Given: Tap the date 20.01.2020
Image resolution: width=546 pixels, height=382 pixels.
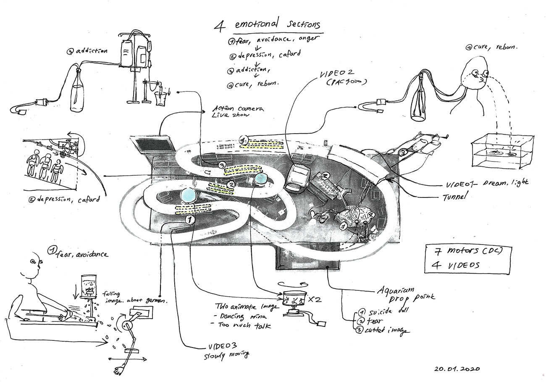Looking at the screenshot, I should click(x=457, y=369).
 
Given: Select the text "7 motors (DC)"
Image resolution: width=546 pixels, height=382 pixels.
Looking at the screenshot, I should click(x=467, y=253).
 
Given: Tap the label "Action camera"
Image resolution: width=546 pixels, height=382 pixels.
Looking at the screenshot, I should click(x=238, y=109).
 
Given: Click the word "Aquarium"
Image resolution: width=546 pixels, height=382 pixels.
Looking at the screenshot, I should click(x=396, y=290).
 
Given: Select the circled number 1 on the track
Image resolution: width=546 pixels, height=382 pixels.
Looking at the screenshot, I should click(x=190, y=219).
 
